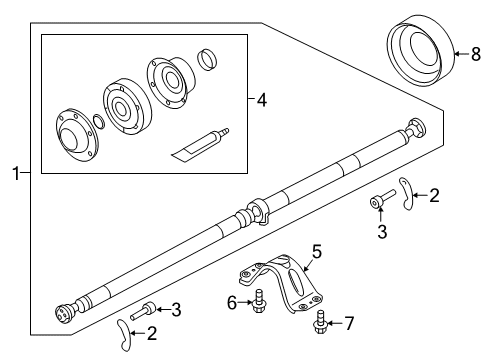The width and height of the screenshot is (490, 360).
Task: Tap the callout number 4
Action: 261,100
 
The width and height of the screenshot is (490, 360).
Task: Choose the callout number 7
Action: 348,323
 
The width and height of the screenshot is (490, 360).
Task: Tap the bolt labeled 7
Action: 322,320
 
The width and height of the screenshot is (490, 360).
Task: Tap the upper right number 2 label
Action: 434,196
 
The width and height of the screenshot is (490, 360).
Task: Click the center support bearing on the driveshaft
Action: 257,212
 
